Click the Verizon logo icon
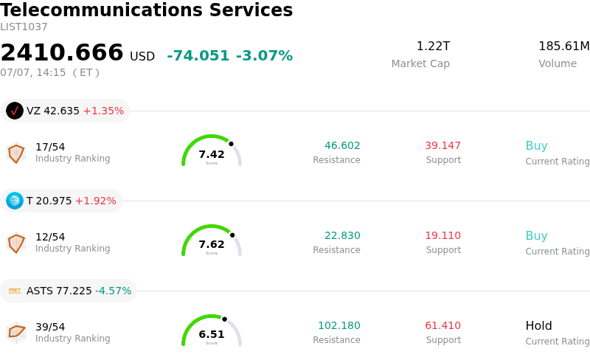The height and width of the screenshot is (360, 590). tap(15, 111)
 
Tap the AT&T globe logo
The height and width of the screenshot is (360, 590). tap(15, 201)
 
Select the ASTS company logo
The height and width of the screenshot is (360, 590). tap(15, 291)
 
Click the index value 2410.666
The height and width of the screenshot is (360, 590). tap(62, 52)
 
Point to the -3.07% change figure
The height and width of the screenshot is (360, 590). tap(264, 55)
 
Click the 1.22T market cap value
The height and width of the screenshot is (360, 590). tap(433, 46)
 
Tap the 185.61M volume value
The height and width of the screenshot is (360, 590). tap(563, 46)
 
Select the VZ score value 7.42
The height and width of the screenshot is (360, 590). tap(212, 154)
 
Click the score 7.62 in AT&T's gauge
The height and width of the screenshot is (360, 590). tap(212, 244)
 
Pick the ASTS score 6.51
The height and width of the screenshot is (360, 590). tap(212, 334)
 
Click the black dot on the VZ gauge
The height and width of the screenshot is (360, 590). tap(231, 144)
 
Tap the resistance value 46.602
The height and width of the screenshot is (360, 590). tap(342, 145)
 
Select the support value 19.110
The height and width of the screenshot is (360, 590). tap(443, 235)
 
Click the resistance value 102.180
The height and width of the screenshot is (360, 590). tap(339, 325)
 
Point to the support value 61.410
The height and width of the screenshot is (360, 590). tap(443, 325)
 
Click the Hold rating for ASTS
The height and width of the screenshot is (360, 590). tap(538, 325)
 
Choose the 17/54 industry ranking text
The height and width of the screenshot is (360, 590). tap(50, 147)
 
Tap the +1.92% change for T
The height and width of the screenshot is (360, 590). tap(96, 201)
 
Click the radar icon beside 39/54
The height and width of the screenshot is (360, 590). tap(16, 333)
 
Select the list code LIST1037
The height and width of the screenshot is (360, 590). tap(24, 27)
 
